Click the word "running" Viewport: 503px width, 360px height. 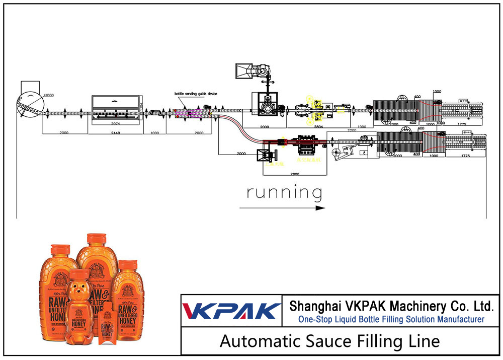(284, 192)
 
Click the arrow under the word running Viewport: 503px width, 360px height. (282, 207)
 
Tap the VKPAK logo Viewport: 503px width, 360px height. (231, 311)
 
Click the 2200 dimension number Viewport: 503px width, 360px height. (352, 130)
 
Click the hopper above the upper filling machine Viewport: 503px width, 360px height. (245, 70)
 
